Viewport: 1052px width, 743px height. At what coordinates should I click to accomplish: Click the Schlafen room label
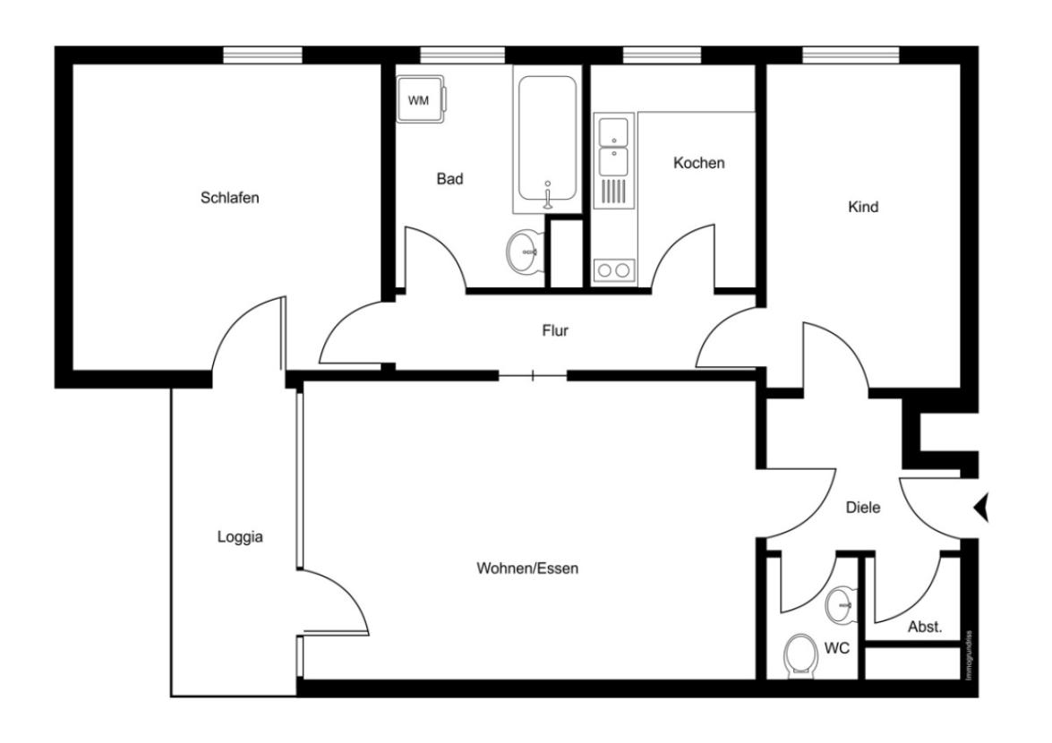pos(229,198)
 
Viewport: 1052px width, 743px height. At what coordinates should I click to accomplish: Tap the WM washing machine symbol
pos(419,100)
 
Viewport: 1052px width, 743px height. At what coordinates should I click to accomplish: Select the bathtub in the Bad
pos(546,141)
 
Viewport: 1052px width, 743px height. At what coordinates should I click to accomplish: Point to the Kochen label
pos(698,163)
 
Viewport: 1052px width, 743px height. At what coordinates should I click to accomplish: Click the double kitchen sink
pos(613,145)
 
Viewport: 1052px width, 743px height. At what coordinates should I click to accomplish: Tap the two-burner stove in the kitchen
pos(613,269)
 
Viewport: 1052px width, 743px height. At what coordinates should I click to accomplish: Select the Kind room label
pos(863,207)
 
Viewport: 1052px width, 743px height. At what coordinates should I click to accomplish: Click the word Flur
pos(555,330)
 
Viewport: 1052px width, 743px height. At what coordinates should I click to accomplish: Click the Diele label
pos(863,508)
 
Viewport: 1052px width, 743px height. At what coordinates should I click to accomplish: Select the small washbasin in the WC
pos(841,604)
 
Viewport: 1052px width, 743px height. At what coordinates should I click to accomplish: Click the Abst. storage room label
pos(925,628)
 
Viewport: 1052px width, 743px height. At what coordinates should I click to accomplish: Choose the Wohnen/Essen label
pos(527,568)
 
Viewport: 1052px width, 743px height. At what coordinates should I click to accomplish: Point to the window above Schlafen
pos(262,56)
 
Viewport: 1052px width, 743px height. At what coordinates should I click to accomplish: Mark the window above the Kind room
pos(851,56)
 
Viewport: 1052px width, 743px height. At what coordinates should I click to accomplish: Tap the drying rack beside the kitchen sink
pos(613,192)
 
